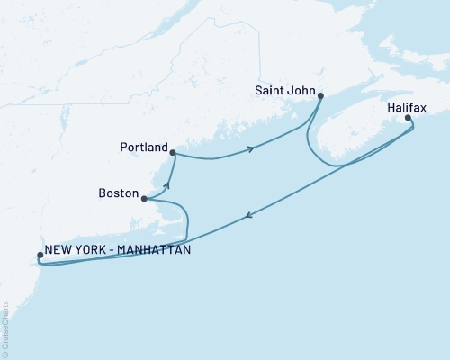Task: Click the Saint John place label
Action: [285, 90]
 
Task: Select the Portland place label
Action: [143, 147]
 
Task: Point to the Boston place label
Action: [119, 193]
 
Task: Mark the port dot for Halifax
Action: [408, 118]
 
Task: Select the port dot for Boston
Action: [144, 199]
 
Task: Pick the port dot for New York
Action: [40, 256]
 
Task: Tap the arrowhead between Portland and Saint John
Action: [251, 147]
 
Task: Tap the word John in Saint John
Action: [301, 90]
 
